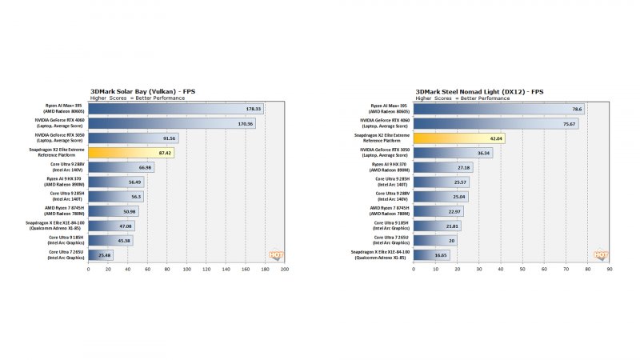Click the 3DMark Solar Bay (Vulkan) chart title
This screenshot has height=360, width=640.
coord(143,91)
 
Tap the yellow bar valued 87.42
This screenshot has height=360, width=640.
coord(134,152)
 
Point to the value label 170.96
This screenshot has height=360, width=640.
coord(246,123)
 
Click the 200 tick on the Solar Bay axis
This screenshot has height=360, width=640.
coord(285,270)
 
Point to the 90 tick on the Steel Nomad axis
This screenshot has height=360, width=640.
coord(609,270)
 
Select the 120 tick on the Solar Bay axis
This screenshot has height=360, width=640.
coord(206,270)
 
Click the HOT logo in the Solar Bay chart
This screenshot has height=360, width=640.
coord(276,255)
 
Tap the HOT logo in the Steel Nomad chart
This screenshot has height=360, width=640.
coord(600,255)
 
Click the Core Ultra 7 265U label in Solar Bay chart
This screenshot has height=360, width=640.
coord(66,255)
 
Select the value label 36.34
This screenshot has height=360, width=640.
coord(482,153)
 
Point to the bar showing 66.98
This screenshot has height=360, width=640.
coord(120,167)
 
